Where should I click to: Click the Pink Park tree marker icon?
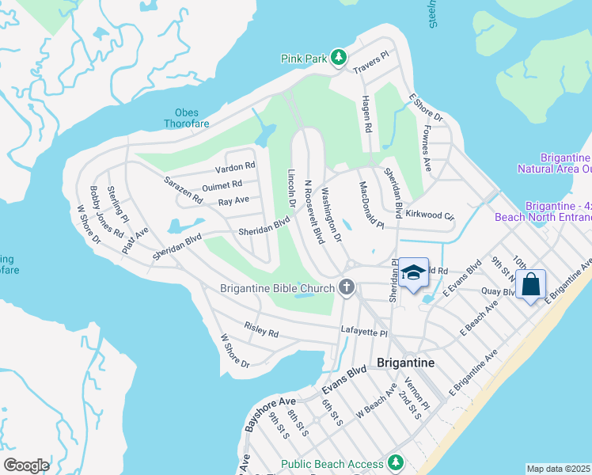[339, 57]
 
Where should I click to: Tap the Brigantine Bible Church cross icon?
[347, 287]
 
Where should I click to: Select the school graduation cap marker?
[412, 273]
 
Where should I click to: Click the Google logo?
[26, 465]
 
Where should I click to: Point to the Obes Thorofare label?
[181, 118]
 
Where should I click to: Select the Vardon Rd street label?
[235, 167]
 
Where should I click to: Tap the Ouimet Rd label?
[222, 184]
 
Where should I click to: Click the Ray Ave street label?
[233, 201]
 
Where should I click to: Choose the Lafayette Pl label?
[363, 334]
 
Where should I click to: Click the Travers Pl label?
[371, 63]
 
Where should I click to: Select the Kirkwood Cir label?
[430, 215]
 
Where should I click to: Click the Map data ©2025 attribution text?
[559, 469]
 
